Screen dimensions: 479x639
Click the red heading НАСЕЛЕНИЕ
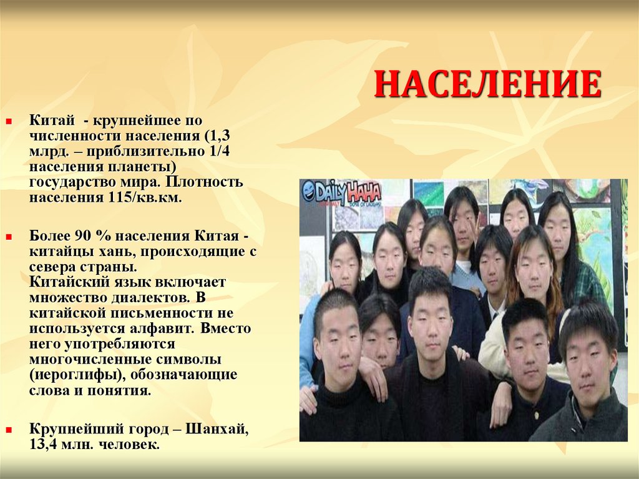click(x=487, y=85)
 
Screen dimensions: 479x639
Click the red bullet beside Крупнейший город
click(x=9, y=430)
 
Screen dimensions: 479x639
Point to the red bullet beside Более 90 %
click(x=9, y=238)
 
